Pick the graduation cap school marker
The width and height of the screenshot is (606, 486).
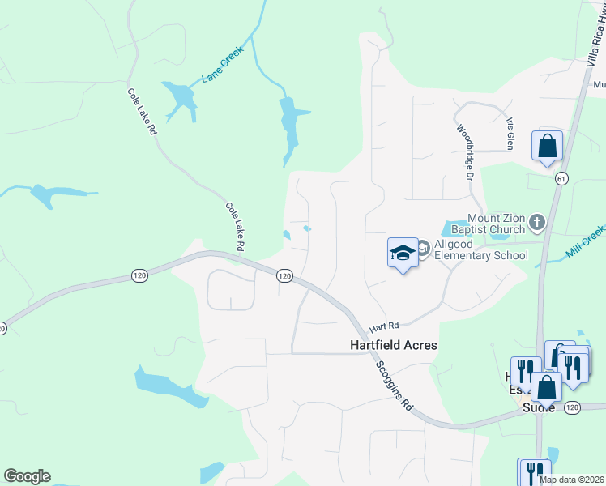point(403,253)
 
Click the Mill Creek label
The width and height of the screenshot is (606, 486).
point(585,243)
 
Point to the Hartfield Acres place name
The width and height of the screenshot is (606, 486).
point(393,345)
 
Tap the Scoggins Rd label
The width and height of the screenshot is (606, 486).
point(395,385)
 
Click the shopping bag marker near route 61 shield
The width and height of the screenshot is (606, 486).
point(547,146)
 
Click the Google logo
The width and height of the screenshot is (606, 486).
point(27,476)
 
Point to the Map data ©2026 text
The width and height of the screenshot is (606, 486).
point(571,480)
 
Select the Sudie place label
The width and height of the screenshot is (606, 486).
point(538,407)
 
